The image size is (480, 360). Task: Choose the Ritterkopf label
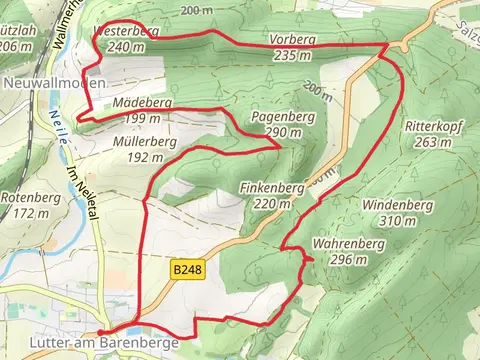433,127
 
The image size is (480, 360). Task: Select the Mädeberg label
143,103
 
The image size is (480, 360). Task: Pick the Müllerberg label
145,143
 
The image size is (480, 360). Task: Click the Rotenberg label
29,197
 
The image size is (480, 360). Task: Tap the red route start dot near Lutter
101,331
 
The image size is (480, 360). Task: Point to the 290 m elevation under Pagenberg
283,133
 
